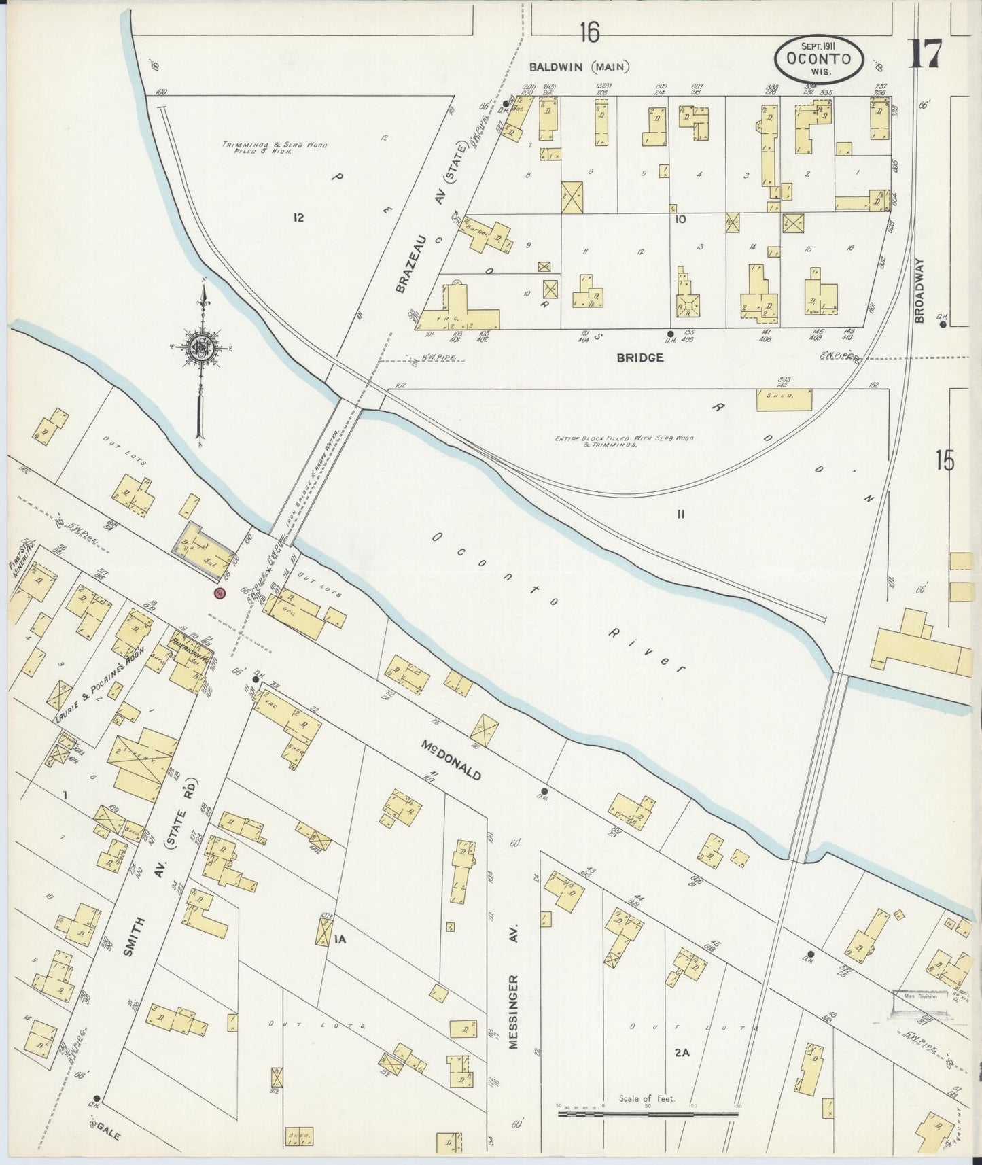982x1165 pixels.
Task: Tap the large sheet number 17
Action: click(x=925, y=54)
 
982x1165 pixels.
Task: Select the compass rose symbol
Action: click(x=201, y=345)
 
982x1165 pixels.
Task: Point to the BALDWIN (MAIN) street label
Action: click(x=580, y=67)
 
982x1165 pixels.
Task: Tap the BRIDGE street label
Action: click(x=640, y=358)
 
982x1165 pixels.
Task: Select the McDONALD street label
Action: click(x=451, y=761)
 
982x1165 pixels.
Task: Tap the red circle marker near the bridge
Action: click(x=219, y=593)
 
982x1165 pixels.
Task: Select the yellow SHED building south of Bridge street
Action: click(x=784, y=400)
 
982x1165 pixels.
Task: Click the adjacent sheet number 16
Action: click(x=590, y=31)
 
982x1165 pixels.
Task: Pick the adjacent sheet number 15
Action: click(x=944, y=460)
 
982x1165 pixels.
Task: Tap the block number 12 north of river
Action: click(x=298, y=218)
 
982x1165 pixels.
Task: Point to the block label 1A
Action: click(x=340, y=939)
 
